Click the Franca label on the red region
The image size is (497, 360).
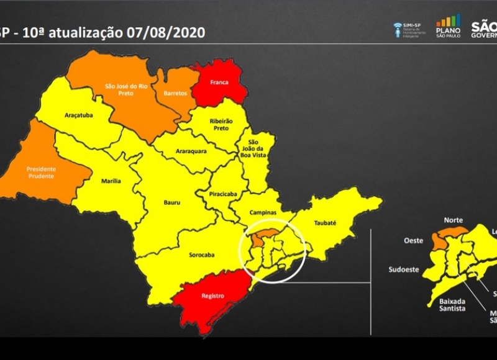pos(219,82)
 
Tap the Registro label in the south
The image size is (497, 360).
pos(212,296)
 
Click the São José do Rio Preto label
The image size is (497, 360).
pos(127,91)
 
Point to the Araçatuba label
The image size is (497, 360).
pos(78,115)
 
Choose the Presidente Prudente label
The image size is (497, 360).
pos(40,172)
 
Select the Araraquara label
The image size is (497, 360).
pos(189,151)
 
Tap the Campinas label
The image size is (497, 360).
pos(262,212)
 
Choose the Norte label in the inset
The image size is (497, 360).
pos(453,220)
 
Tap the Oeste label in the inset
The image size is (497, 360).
pos(413,240)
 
